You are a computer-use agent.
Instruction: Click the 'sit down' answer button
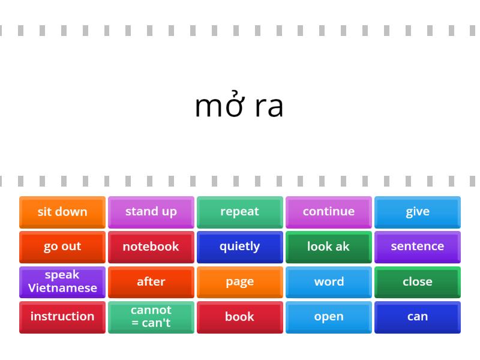pyautogui.click(x=62, y=212)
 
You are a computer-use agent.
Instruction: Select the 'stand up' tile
pyautogui.click(x=151, y=212)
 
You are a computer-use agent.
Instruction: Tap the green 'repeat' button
pyautogui.click(x=240, y=212)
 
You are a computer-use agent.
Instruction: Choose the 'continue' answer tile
pyautogui.click(x=329, y=212)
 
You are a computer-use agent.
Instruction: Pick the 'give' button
pyautogui.click(x=418, y=212)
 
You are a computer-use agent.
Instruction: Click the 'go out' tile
pyautogui.click(x=62, y=247)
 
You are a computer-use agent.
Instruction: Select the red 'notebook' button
pyautogui.click(x=151, y=247)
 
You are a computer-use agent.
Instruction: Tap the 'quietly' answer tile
pyautogui.click(x=240, y=247)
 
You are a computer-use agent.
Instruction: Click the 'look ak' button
pyautogui.click(x=329, y=247)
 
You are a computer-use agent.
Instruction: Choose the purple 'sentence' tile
pyautogui.click(x=418, y=247)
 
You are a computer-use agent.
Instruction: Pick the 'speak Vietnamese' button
pyautogui.click(x=62, y=282)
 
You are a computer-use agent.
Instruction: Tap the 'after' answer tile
pyautogui.click(x=151, y=282)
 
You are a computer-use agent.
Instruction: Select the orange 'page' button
pyautogui.click(x=240, y=282)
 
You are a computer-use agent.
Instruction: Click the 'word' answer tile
pyautogui.click(x=329, y=282)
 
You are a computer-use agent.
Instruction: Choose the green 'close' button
pyautogui.click(x=418, y=282)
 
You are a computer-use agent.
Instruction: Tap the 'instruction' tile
pyautogui.click(x=62, y=317)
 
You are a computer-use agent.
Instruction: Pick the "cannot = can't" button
pyautogui.click(x=151, y=317)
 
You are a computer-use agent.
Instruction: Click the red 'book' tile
pyautogui.click(x=240, y=317)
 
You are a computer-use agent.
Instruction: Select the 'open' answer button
pyautogui.click(x=329, y=317)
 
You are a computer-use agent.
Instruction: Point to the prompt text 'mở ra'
pyautogui.click(x=239, y=104)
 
